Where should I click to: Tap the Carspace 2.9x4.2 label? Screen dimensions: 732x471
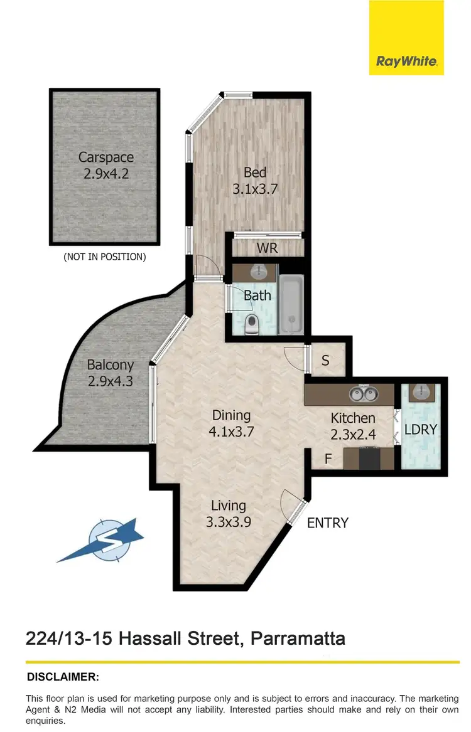(106, 166)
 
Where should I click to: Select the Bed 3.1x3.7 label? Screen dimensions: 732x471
(254, 180)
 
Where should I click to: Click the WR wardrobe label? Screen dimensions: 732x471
(266, 248)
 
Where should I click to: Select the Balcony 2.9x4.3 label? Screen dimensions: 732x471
(110, 372)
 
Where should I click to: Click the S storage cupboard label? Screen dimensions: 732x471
(325, 361)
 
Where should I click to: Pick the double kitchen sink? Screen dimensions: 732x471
(363, 394)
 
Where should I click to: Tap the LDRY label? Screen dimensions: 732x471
(420, 430)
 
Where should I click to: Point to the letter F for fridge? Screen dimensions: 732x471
(327, 459)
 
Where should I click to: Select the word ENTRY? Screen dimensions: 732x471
(327, 522)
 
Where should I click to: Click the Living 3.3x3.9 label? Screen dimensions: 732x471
(229, 513)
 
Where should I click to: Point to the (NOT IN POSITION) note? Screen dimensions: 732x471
(105, 257)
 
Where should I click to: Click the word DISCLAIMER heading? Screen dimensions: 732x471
(63, 677)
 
